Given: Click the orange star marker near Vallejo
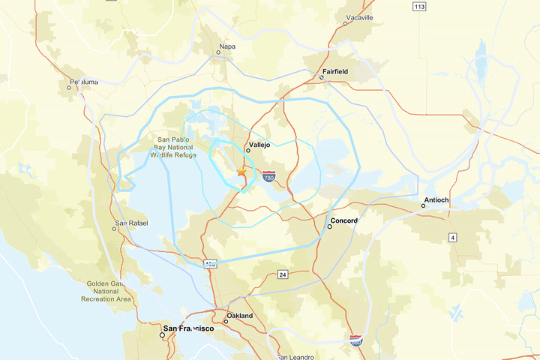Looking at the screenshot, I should [241, 172].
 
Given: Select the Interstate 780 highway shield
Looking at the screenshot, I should [268, 177].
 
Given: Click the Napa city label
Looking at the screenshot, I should [226, 46].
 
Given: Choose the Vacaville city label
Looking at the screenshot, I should [359, 16].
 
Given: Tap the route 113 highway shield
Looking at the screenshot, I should [419, 7].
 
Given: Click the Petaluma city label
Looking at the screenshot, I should [83, 82].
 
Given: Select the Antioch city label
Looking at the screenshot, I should [436, 200].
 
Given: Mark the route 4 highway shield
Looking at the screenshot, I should [452, 238].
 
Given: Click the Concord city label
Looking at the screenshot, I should [344, 220].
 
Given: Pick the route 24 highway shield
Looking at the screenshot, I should [282, 274].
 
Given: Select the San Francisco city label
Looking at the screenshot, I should [189, 328].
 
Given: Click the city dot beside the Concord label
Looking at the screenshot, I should [329, 226].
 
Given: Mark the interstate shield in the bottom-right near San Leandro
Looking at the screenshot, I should [355, 340].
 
